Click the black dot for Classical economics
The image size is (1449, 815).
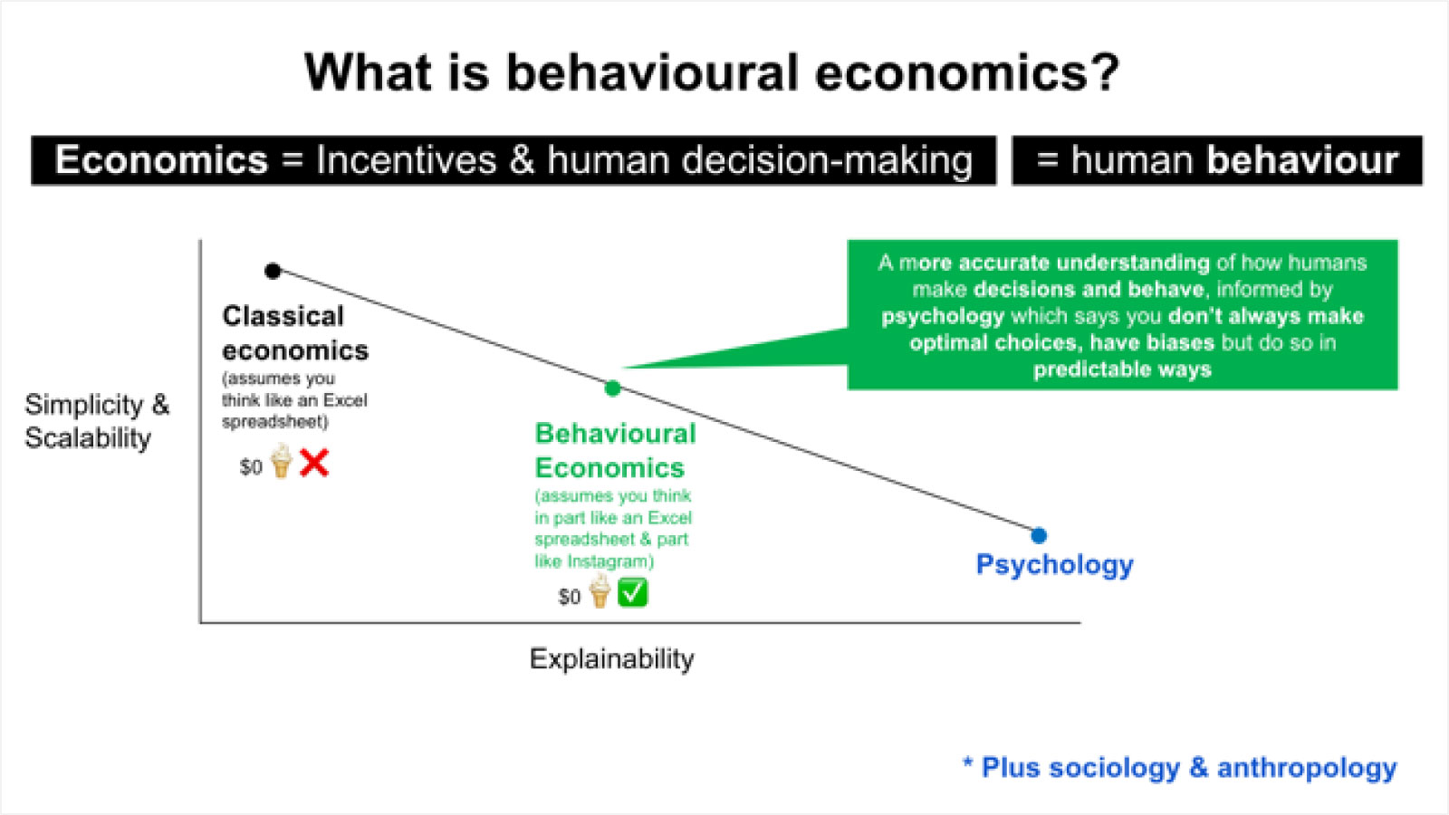coord(273,271)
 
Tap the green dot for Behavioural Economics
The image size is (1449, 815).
coord(612,388)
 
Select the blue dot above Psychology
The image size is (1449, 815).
coord(1039,535)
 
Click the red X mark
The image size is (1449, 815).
coord(314,463)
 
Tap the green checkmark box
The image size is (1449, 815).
coord(633,592)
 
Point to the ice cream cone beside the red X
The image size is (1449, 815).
coord(282,461)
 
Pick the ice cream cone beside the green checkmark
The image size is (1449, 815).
coord(600,590)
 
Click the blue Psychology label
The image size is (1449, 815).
coord(1054,565)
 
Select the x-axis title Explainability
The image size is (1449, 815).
coord(612,659)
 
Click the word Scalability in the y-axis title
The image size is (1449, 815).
coord(88,438)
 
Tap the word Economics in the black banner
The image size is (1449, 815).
coord(161,159)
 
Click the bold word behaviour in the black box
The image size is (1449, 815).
coord(1303,159)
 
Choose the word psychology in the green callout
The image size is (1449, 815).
coord(943,316)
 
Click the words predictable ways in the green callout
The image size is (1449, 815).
coord(1122,369)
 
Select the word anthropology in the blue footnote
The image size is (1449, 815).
coord(1307,768)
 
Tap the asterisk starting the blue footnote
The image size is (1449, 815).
coord(968,762)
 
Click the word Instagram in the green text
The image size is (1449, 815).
coord(608,561)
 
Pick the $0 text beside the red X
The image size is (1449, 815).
coord(251,467)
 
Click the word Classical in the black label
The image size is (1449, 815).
coord(283,316)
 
